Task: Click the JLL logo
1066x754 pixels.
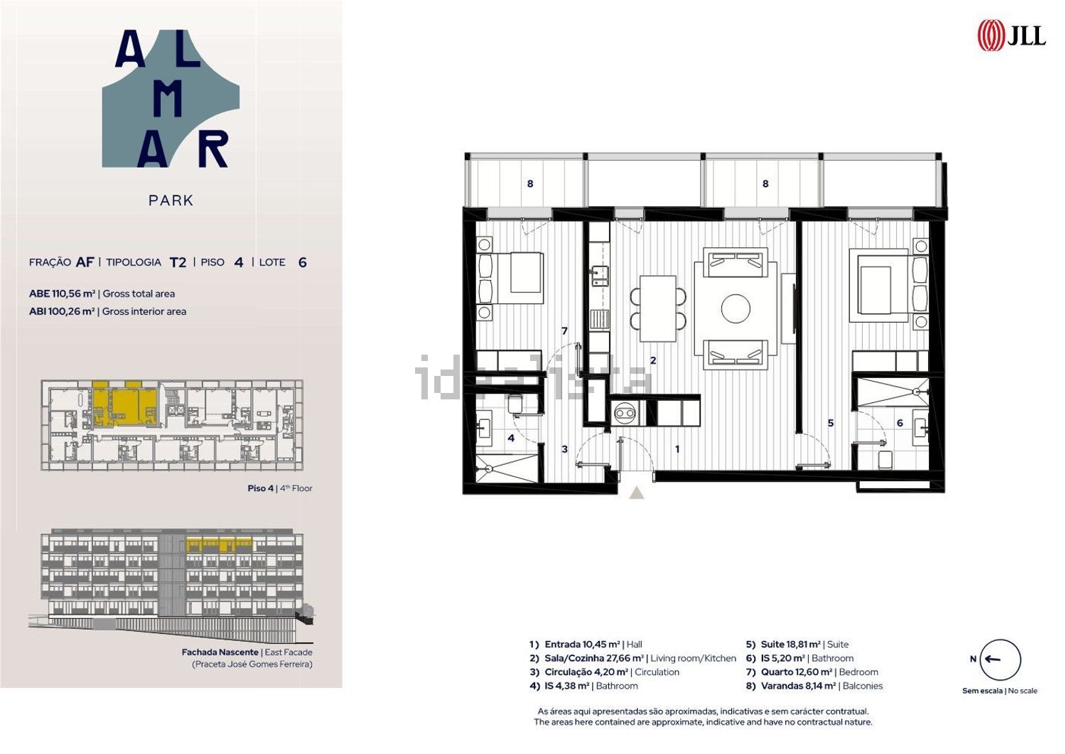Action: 1011,36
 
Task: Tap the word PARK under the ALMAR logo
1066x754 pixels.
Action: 171,200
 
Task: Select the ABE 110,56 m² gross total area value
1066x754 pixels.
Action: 62,293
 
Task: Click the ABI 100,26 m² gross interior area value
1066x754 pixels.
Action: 62,311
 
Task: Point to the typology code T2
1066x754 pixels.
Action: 178,262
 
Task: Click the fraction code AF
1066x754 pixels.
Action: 85,262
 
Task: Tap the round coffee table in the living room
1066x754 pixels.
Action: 736,308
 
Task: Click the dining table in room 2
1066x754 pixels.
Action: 658,308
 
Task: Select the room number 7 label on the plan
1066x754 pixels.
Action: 564,331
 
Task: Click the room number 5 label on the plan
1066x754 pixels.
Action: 831,423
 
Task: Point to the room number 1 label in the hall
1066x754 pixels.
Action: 677,449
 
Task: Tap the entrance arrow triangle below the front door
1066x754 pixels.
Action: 637,492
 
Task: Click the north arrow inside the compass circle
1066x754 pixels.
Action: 993,659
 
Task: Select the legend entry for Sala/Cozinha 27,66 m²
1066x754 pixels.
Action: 632,658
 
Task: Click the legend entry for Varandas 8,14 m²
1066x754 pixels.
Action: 814,686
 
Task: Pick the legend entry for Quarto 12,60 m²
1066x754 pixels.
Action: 812,672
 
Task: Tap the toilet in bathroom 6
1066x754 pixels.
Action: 885,459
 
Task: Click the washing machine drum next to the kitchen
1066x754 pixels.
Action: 625,413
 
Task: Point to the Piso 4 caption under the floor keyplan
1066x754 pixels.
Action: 280,488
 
